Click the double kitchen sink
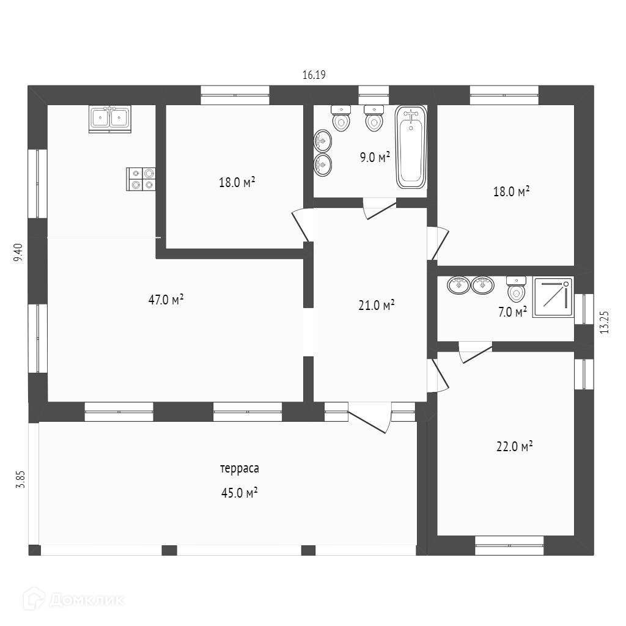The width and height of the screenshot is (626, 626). (x=110, y=119)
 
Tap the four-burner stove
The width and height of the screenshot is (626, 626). (x=141, y=179)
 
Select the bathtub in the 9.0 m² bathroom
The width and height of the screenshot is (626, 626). (x=411, y=147)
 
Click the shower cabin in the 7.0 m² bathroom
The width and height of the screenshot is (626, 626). (x=553, y=298)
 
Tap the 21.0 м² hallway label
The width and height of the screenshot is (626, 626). (x=376, y=305)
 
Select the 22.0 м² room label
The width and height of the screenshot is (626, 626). (x=514, y=446)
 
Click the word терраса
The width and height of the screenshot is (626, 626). (x=240, y=469)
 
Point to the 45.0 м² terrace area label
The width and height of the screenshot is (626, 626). (x=238, y=493)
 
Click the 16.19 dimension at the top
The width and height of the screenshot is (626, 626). (x=314, y=75)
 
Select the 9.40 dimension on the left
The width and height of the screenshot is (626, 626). (x=18, y=252)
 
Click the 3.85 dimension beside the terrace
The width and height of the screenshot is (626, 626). (x=20, y=478)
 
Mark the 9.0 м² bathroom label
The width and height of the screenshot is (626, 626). (x=375, y=158)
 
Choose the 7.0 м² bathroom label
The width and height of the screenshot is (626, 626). (x=512, y=312)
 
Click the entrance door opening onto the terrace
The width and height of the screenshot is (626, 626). (x=369, y=417)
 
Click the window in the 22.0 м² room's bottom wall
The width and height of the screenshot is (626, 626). (x=509, y=545)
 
